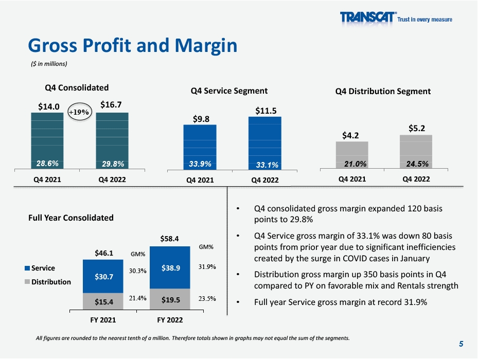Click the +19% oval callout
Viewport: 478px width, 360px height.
(x=79, y=111)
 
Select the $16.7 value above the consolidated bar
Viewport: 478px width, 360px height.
(x=111, y=104)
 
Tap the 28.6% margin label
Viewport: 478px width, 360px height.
(x=47, y=163)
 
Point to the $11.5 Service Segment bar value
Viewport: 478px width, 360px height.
(x=264, y=111)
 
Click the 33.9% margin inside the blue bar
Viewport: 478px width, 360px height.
(x=200, y=164)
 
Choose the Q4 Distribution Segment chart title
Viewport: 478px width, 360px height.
(x=383, y=92)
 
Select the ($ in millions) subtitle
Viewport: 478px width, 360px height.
(x=48, y=64)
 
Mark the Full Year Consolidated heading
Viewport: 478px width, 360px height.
(x=70, y=218)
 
